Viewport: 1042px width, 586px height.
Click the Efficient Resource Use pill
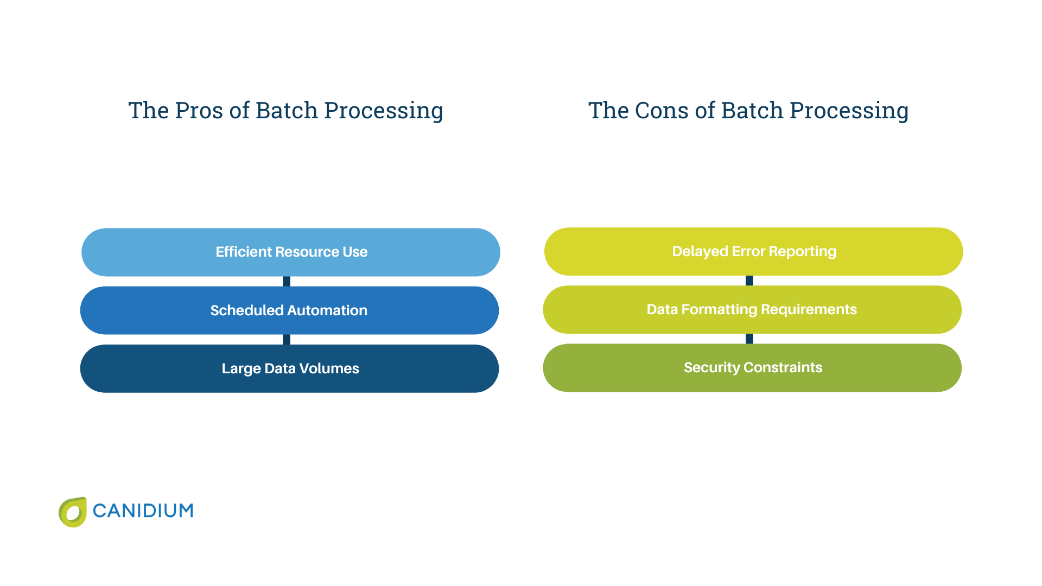click(290, 252)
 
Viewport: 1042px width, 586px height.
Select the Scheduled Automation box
click(289, 310)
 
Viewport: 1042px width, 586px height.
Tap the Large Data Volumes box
click(289, 368)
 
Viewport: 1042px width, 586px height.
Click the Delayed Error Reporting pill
click(753, 252)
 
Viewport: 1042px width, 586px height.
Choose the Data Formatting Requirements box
click(752, 310)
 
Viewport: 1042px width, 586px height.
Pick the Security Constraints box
click(752, 368)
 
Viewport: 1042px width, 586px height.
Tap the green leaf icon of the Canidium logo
click(73, 512)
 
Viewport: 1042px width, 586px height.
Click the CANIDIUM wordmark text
click(143, 511)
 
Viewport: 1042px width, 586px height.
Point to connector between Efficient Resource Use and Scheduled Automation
click(287, 281)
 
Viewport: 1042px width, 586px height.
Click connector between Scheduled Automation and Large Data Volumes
click(287, 339)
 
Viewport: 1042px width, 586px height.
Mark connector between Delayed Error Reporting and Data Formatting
click(749, 281)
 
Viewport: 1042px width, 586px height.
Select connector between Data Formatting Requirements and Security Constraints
click(749, 339)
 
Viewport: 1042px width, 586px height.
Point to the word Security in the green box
click(711, 367)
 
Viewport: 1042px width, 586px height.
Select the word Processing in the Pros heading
click(383, 111)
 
